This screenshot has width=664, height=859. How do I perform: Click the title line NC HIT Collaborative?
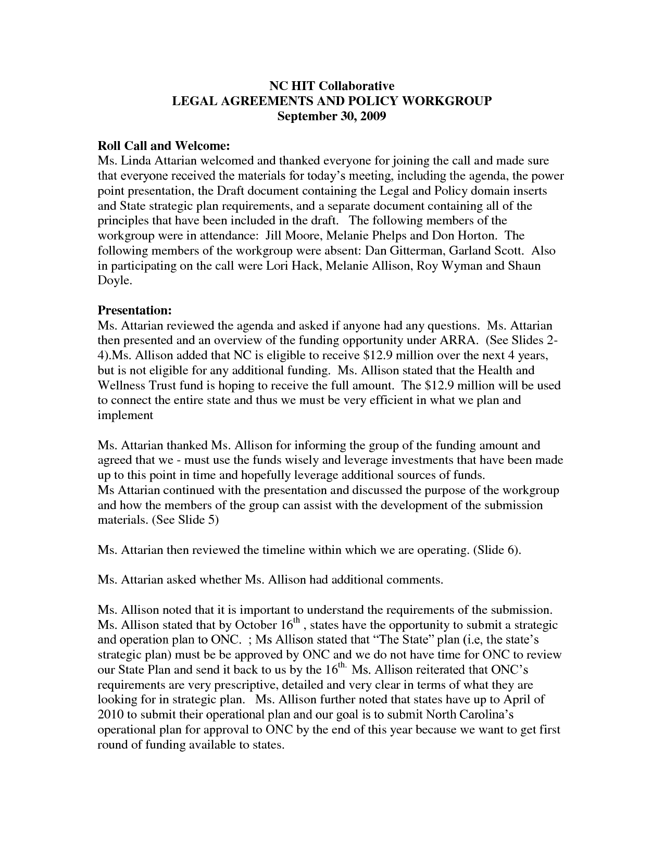pyautogui.click(x=331, y=86)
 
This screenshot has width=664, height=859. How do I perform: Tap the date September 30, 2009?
pyautogui.click(x=331, y=116)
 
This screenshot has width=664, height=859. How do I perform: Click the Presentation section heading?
pyautogui.click(x=135, y=311)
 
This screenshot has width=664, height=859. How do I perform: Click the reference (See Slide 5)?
pyautogui.click(x=185, y=521)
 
